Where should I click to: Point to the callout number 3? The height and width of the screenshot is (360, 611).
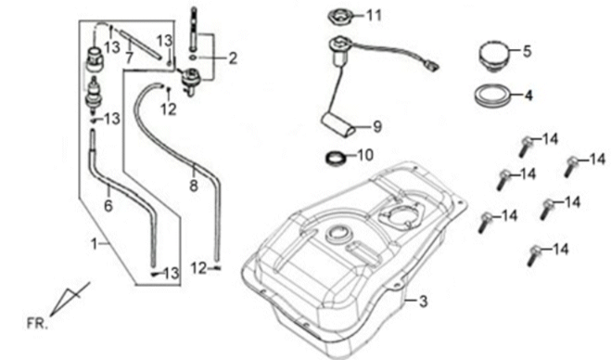tap(423, 302)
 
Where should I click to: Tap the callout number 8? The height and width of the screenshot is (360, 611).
tap(194, 186)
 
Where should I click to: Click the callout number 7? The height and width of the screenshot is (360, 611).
tap(130, 58)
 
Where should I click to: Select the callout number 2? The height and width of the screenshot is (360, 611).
tap(232, 58)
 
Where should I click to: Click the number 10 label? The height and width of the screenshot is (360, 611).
tap(364, 155)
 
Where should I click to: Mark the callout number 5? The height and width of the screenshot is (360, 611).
tap(527, 51)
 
